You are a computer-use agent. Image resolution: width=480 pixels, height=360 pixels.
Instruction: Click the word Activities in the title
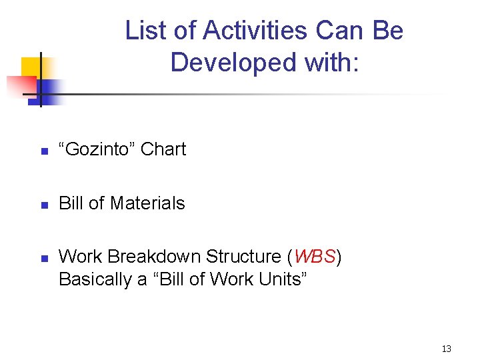(x=255, y=31)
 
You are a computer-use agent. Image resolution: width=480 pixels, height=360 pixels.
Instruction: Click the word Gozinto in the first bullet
(x=97, y=149)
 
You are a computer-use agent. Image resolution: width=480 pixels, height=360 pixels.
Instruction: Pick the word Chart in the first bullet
(x=163, y=149)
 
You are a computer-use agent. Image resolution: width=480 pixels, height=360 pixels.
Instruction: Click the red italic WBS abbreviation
(x=313, y=257)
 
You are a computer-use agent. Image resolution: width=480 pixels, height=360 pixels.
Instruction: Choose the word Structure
(x=245, y=257)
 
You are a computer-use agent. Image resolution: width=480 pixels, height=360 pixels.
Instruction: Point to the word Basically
(x=95, y=279)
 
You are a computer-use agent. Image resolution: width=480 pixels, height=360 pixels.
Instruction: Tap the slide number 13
(x=446, y=349)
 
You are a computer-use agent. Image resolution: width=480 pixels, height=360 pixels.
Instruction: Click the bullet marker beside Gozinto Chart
(x=43, y=151)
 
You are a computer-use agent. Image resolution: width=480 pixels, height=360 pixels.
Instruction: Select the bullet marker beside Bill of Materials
(x=43, y=205)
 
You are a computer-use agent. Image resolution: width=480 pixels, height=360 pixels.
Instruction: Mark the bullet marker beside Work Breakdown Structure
(x=43, y=258)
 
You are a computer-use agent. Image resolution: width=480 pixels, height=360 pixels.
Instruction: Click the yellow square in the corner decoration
(x=31, y=67)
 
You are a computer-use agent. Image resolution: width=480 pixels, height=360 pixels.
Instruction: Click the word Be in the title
(x=388, y=31)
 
